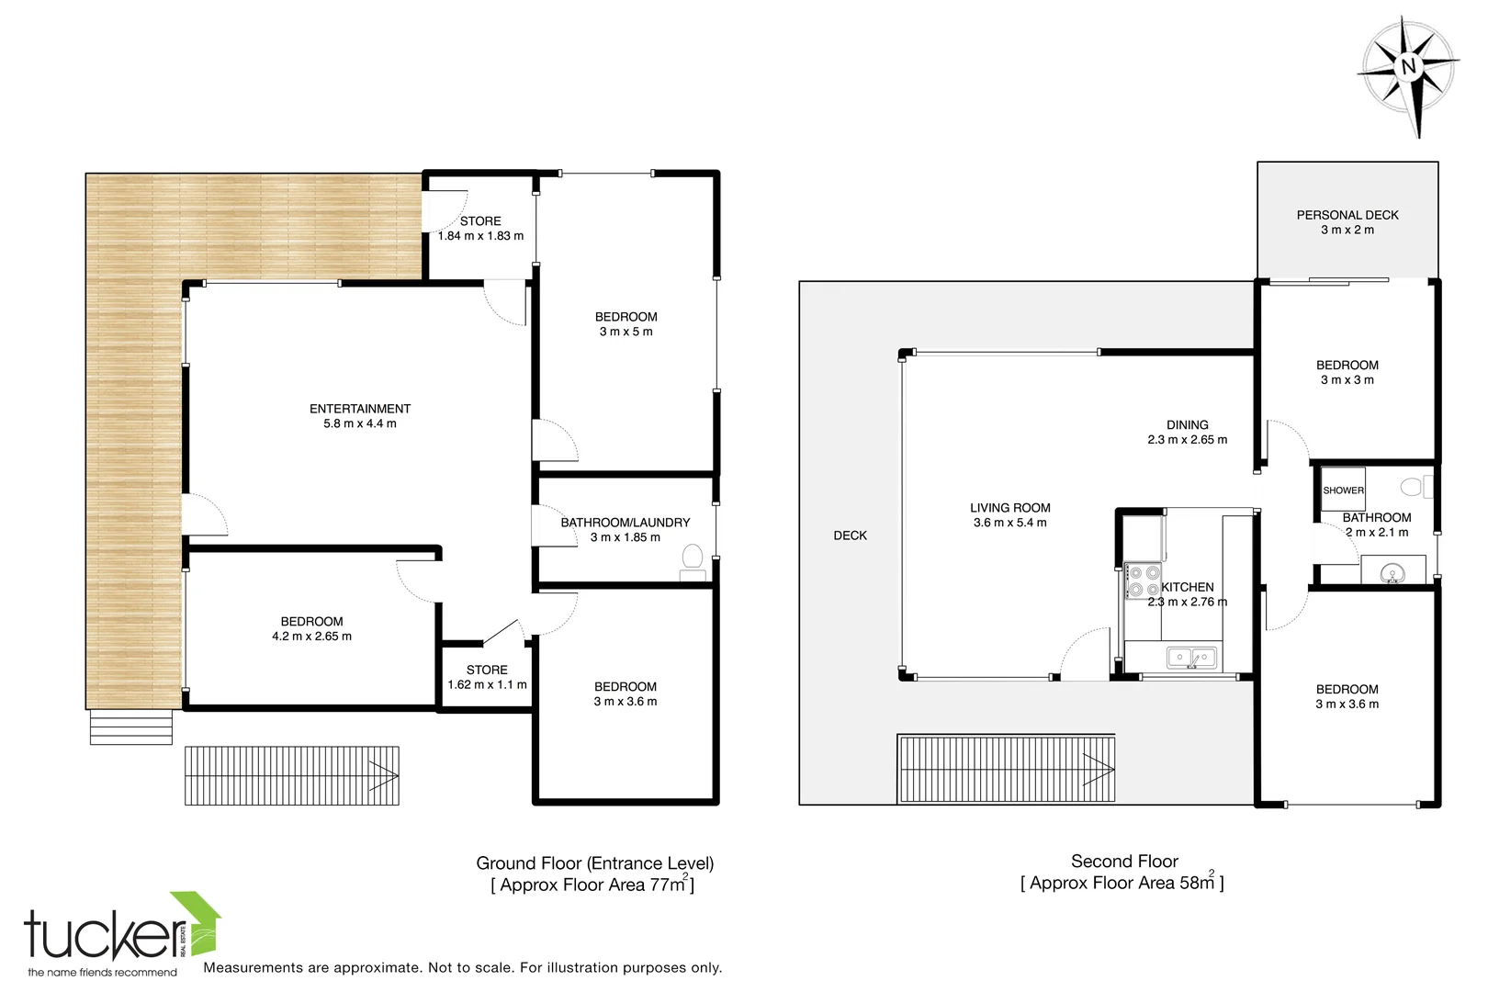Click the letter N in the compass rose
[x=1408, y=67]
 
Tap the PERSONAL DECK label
[x=1347, y=215]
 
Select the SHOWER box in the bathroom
[x=1343, y=490]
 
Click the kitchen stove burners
[x=1144, y=581]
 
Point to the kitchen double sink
[x=1191, y=658]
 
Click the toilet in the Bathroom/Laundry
[x=693, y=558]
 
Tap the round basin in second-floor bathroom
[x=1392, y=575]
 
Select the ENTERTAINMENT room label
[x=360, y=409]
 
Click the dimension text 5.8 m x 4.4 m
[x=360, y=423]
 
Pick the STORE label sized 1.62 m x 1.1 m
[x=487, y=670]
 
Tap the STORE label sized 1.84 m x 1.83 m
[x=480, y=221]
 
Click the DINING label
[x=1187, y=425]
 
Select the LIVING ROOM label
[x=1009, y=508]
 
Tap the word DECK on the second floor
[x=850, y=535]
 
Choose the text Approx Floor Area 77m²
[x=592, y=885]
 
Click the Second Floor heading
[x=1123, y=862]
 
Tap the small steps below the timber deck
[x=131, y=727]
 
